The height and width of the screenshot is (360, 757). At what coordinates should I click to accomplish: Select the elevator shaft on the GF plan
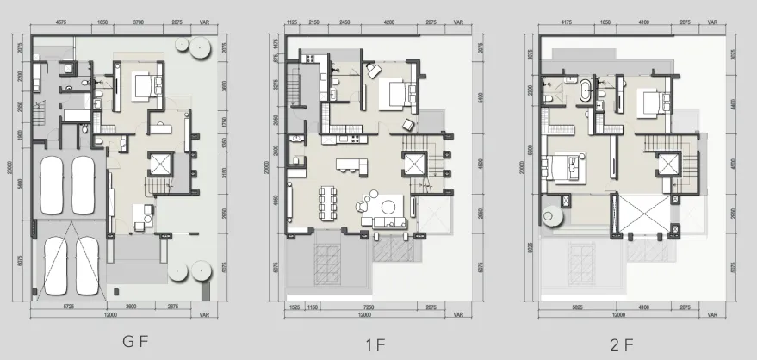click(x=161, y=164)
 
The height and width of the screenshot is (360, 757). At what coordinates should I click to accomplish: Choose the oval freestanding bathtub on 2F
click(x=586, y=90)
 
